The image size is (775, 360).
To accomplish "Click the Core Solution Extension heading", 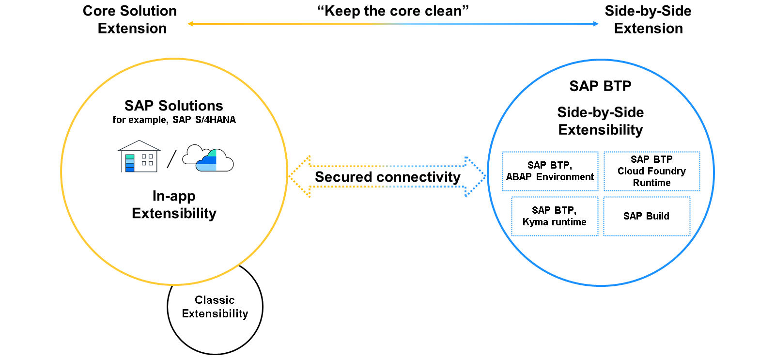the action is pos(130,20).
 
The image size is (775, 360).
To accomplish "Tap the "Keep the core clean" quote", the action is pos(393,11).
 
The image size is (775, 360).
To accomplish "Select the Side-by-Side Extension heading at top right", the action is pos(648,20).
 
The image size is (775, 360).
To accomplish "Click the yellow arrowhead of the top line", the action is pos(190,24).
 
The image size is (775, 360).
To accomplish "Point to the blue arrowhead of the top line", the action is pos(596,24).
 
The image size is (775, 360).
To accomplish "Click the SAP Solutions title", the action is pos(174,106).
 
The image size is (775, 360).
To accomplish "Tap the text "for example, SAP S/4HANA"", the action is pos(174,120).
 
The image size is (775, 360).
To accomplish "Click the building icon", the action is pos(139,156).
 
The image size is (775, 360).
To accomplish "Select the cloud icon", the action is pos(208,158).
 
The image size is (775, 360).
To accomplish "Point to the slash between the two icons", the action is pos(171,159).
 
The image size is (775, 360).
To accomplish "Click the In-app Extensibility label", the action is pos(174,204).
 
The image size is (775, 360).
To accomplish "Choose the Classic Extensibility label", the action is pos(215,306).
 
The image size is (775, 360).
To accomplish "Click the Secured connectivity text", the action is pos(387,177).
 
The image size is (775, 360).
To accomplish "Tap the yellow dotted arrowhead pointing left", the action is pos(300,176).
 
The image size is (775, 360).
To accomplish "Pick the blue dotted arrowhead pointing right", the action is pos(475,176).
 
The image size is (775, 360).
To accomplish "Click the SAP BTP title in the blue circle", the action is pos(600,86).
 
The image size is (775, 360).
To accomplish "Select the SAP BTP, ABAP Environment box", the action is pos(550,171).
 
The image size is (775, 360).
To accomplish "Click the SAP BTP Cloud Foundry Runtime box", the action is pos(652,171).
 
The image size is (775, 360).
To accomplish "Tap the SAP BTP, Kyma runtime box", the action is pos(555,217).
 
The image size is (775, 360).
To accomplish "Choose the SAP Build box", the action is pos(647,217).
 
